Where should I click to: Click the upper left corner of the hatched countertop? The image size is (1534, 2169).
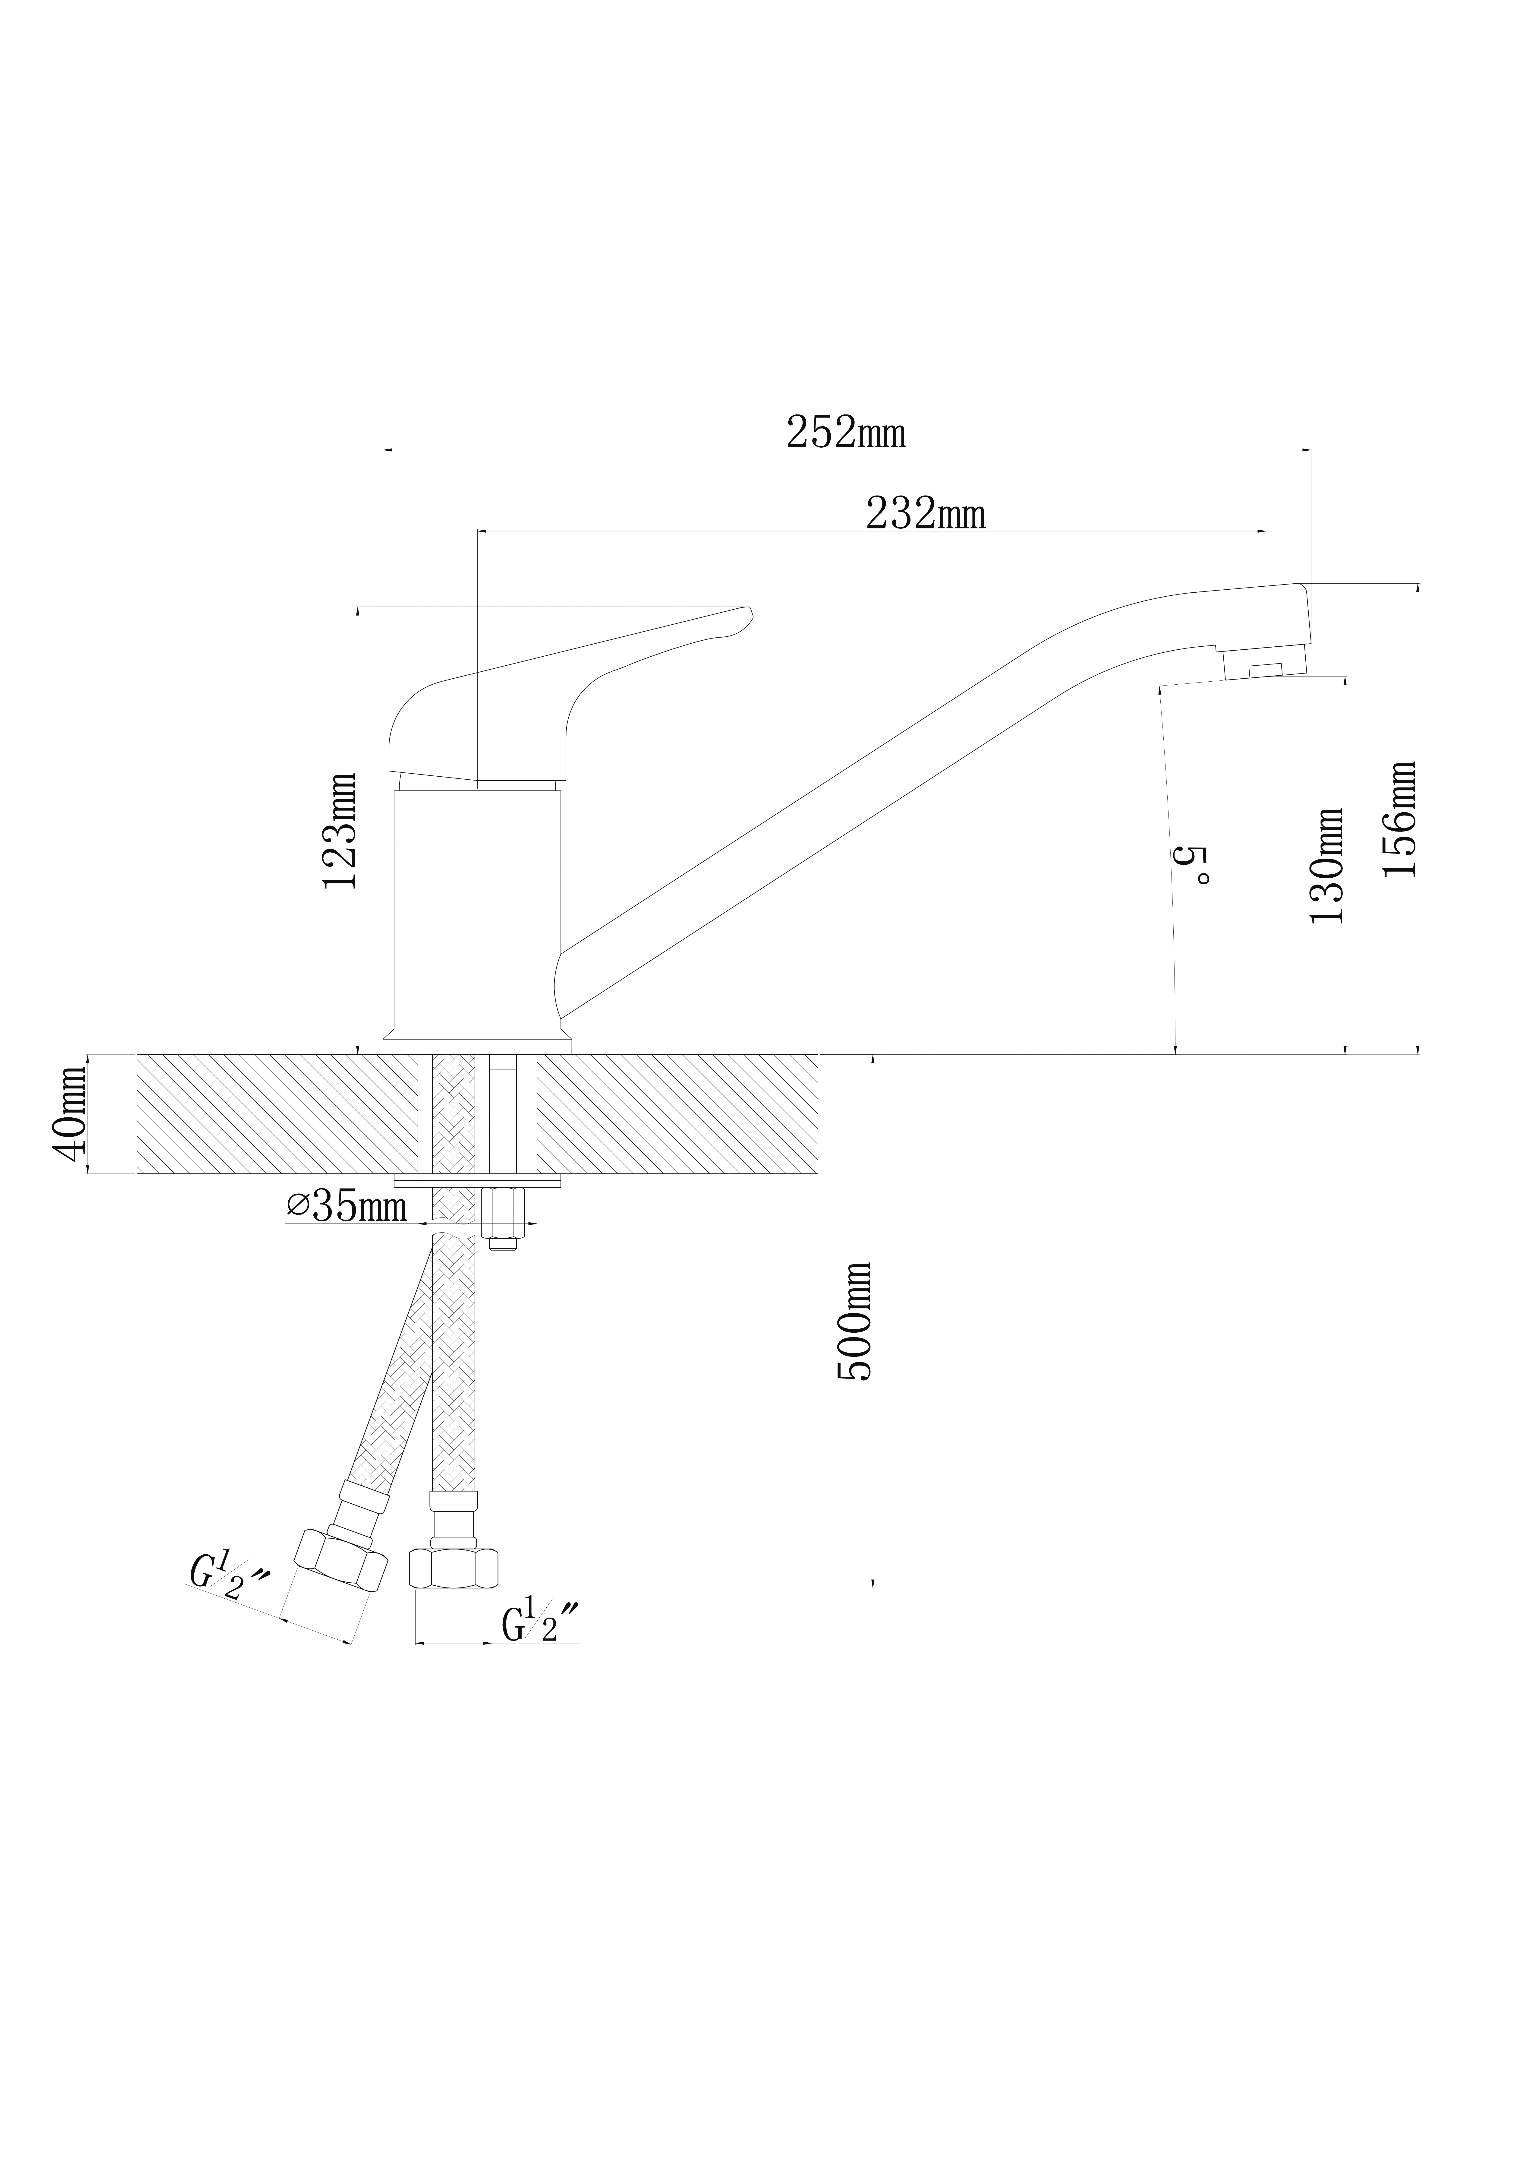[x=138, y=1055]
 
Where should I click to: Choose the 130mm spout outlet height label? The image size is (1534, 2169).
[x=1327, y=865]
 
